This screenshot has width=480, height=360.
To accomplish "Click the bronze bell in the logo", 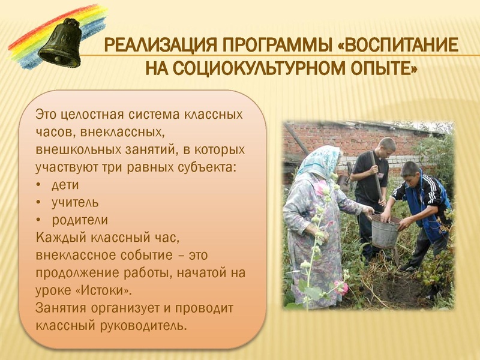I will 59,44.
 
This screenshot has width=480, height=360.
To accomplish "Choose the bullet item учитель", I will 76,202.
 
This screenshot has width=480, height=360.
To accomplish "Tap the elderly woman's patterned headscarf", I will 318,161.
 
